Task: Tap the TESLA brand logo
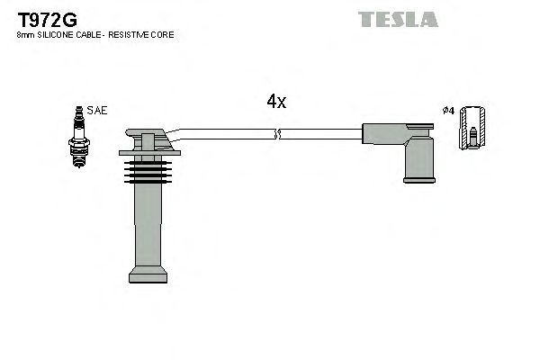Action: [398, 19]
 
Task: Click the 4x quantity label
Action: [276, 102]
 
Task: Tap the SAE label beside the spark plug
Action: [97, 111]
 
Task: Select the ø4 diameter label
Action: [448, 111]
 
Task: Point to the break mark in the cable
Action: [277, 134]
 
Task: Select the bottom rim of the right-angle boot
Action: [418, 179]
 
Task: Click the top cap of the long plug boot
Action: [147, 140]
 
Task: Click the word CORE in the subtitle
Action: [163, 34]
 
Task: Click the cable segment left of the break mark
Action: [225, 134]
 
